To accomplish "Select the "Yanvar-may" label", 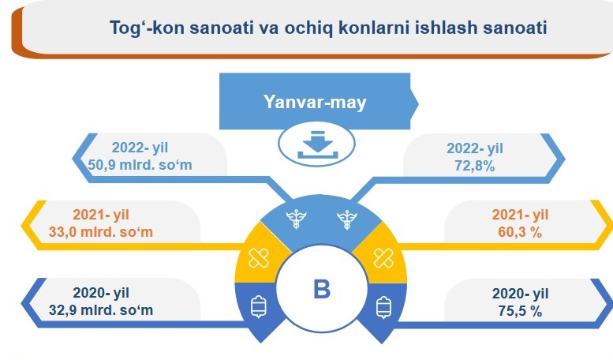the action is [x=315, y=102].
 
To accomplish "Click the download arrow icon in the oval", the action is [x=317, y=144].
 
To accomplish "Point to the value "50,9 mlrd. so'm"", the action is [x=140, y=165].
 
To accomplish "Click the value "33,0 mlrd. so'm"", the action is [x=101, y=232].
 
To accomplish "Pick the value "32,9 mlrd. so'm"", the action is [x=101, y=310].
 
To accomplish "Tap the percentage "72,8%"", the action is [x=475, y=166].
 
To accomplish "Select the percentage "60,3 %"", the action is [x=520, y=232].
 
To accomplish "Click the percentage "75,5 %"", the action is [x=520, y=311].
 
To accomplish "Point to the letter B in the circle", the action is [x=322, y=290].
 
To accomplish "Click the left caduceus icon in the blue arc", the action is [x=296, y=219].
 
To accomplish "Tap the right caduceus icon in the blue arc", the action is [x=347, y=219].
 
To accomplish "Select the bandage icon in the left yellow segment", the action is [x=259, y=258].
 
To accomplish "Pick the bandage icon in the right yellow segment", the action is [x=383, y=258].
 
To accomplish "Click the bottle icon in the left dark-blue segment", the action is [x=259, y=307].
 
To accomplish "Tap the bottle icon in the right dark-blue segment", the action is [x=383, y=307].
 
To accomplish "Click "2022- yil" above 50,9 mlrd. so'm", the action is [x=140, y=148].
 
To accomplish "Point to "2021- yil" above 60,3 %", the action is [x=520, y=215].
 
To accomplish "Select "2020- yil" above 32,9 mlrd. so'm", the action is [x=101, y=293].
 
